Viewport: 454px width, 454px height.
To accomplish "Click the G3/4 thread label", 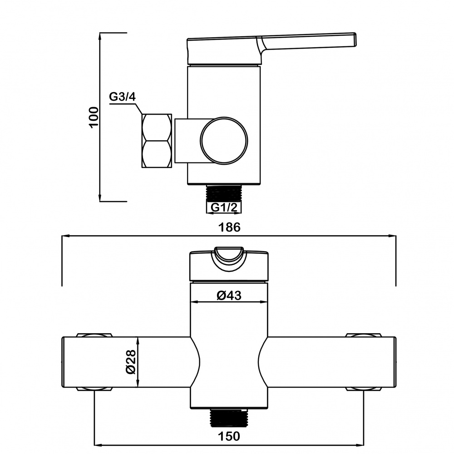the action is coord(122,96).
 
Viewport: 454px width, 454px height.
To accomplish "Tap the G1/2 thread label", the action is coord(224,207).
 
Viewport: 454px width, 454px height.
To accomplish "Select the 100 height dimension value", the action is coord(94,117).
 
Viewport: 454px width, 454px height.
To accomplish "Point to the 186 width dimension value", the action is coord(229,227).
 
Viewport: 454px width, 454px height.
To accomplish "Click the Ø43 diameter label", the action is coord(229,296).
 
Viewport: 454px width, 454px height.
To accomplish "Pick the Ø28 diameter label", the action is coord(131,362).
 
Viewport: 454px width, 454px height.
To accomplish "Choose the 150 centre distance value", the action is coord(229,436).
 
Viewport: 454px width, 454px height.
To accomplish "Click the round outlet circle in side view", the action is coord(224,140).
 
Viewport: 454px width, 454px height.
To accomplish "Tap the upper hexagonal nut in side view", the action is coord(156,128).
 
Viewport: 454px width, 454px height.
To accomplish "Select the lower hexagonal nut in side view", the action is coord(156,154).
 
